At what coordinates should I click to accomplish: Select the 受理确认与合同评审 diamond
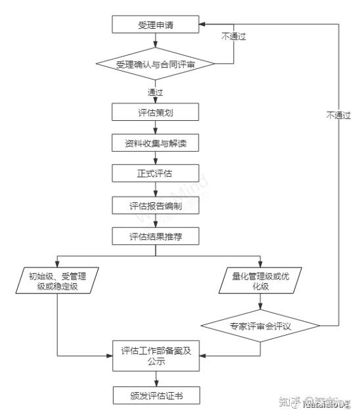pyautogui.click(x=156, y=64)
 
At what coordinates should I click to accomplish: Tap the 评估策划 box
pyautogui.click(x=155, y=112)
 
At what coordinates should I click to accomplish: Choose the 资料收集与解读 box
pyautogui.click(x=155, y=143)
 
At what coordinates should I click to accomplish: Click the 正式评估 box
pyautogui.click(x=155, y=173)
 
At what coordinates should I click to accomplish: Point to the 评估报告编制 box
pyautogui.click(x=155, y=206)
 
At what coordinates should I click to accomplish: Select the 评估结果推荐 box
pyautogui.click(x=155, y=236)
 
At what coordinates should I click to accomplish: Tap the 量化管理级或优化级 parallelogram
pyautogui.click(x=261, y=282)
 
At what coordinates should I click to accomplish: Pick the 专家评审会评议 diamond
pyautogui.click(x=261, y=326)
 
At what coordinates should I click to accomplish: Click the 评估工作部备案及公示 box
pyautogui.click(x=155, y=355)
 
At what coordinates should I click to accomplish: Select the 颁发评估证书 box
pyautogui.click(x=155, y=395)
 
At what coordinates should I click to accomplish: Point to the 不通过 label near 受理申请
pyautogui.click(x=233, y=37)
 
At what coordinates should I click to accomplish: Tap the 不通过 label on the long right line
pyautogui.click(x=339, y=115)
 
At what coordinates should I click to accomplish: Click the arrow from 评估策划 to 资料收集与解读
pyautogui.click(x=156, y=127)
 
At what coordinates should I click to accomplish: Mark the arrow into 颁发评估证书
pyautogui.click(x=156, y=378)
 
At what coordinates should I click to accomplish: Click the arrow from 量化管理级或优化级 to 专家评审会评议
pyautogui.click(x=261, y=303)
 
